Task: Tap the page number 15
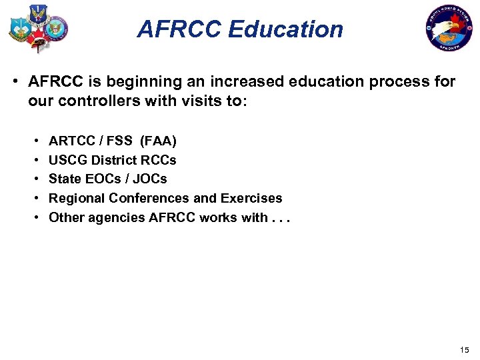464,350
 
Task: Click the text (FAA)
158,141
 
